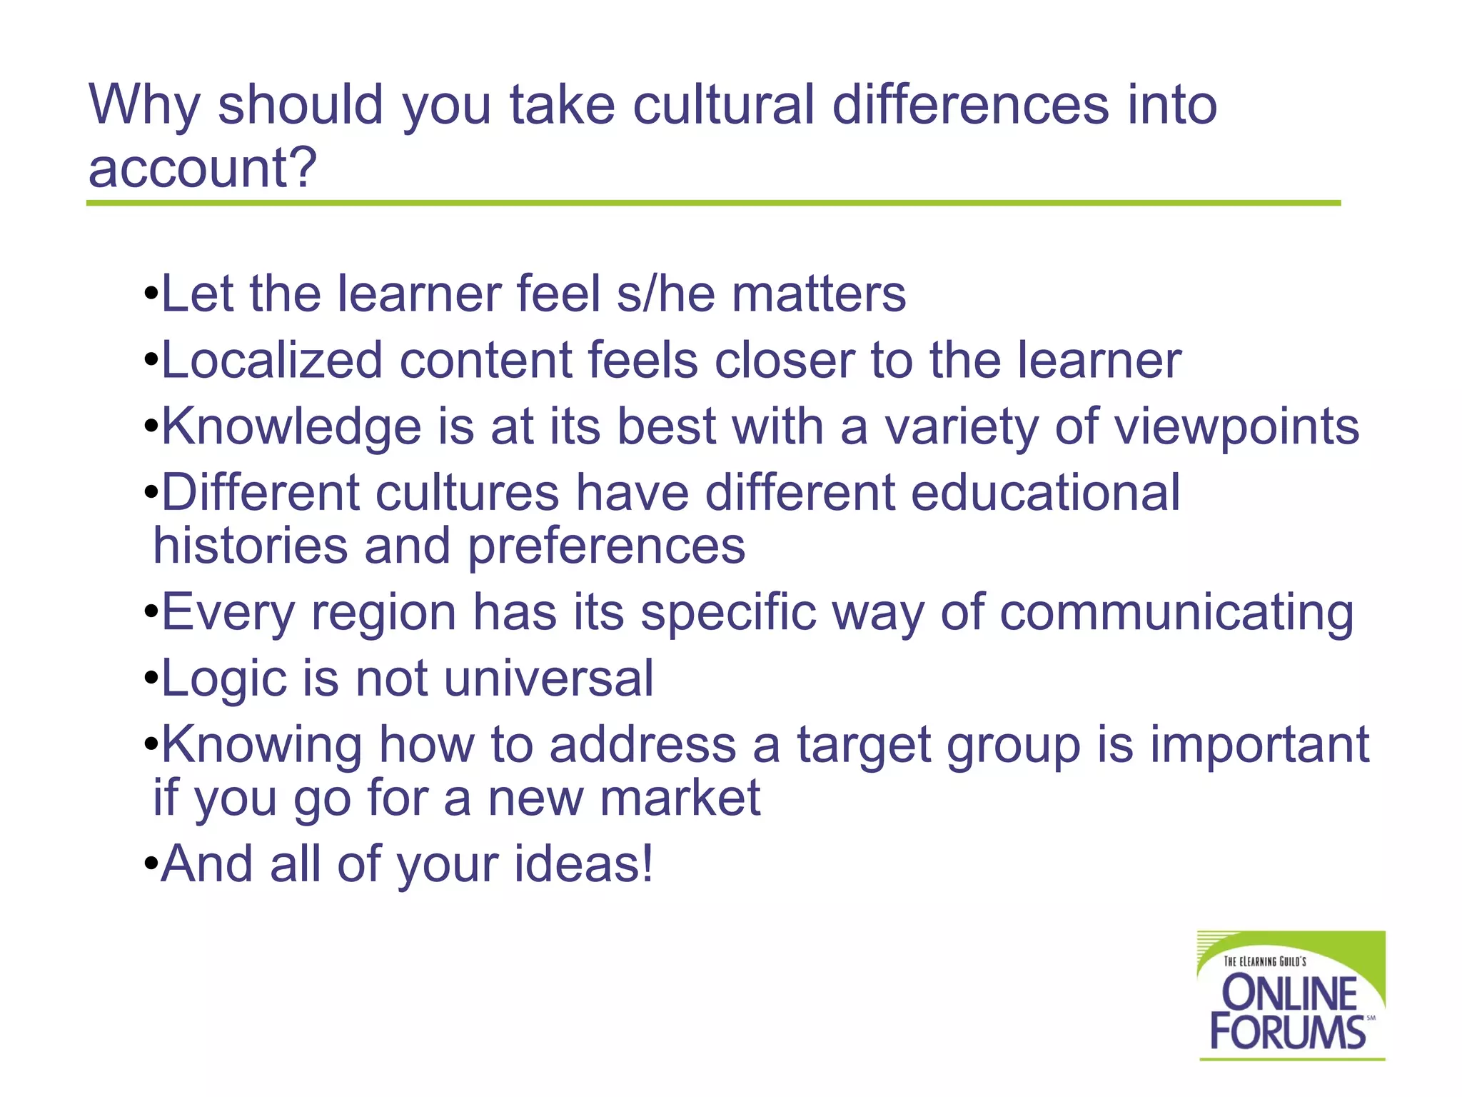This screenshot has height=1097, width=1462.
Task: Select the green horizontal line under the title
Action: coord(713,204)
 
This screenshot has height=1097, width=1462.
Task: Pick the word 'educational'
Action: coord(1045,492)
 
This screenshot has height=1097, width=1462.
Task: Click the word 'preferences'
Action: coord(606,546)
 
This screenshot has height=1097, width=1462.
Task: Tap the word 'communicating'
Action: coord(1176,613)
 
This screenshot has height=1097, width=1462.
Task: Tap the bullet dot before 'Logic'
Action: coord(150,678)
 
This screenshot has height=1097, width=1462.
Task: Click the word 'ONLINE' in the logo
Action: coord(1289,993)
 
